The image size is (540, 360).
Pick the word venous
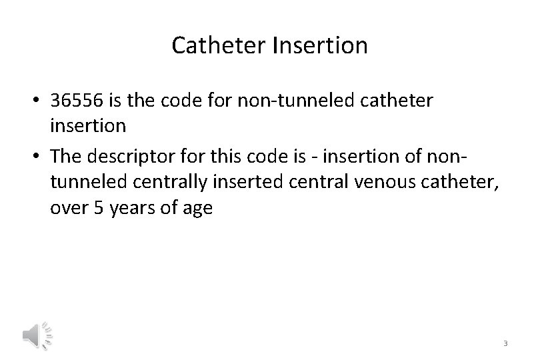click(357, 183)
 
